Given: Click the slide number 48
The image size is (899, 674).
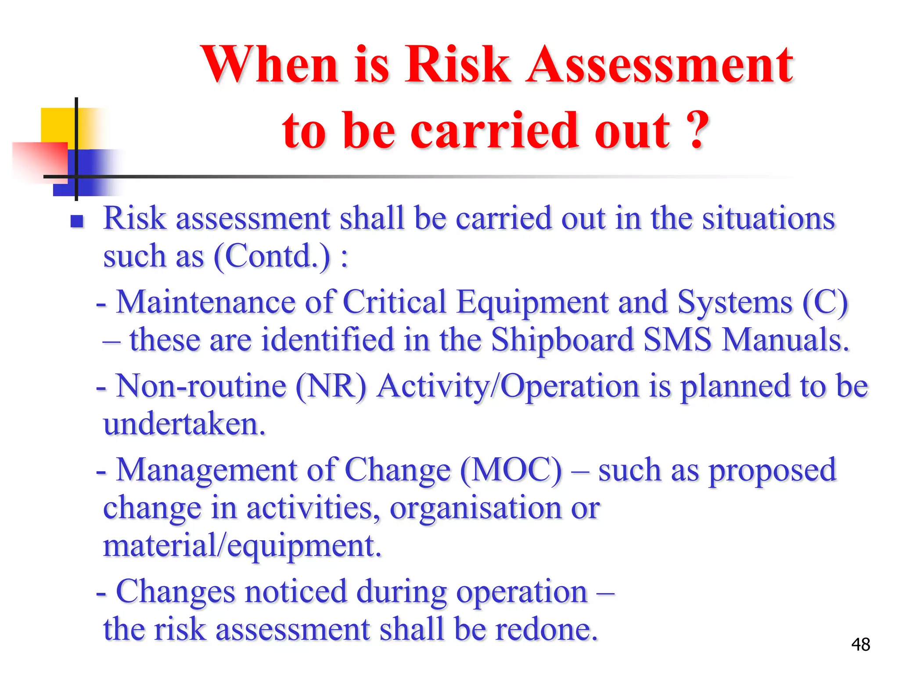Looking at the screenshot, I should tap(860, 645).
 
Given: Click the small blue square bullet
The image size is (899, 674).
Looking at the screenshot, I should tap(77, 221).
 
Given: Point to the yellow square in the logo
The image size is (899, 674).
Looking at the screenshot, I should tap(57, 125).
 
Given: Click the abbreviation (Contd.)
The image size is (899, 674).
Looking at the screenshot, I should tap(272, 256).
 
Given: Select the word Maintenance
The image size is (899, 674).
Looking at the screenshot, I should tap(206, 302).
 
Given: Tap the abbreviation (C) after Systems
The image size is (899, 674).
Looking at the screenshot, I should tap(825, 302).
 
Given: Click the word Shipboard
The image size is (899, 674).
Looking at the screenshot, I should tap(562, 340).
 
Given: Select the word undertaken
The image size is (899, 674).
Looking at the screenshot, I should tap(184, 424).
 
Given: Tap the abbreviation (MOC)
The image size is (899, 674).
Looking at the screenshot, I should tap(511, 470).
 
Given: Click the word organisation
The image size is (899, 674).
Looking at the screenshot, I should tap(475, 508).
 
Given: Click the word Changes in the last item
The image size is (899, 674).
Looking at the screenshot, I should tap(176, 592).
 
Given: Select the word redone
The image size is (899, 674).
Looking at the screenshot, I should tap(547, 629).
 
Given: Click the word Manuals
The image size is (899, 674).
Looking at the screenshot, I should tap(786, 340).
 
